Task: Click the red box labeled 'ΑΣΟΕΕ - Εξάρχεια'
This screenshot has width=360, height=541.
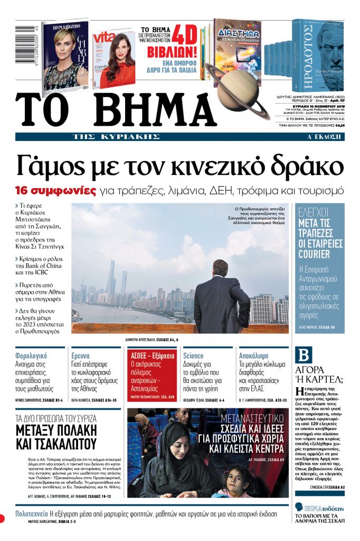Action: tap(151, 356)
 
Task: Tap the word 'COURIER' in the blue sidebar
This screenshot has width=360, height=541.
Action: tap(314, 254)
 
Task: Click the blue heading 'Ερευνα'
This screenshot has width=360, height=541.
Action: tap(80, 356)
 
